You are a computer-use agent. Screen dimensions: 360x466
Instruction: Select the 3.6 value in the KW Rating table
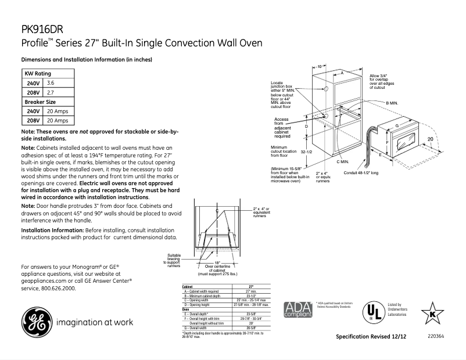tap(51, 84)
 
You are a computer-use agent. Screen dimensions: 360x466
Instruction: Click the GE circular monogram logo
tap(36, 321)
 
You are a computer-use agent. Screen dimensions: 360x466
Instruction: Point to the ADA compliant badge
tap(296, 309)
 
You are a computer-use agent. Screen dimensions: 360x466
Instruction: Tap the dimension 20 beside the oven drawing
tap(431, 139)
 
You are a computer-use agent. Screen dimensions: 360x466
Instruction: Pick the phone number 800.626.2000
tap(58, 288)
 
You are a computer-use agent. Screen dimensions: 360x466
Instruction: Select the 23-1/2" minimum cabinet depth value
tap(251, 296)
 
